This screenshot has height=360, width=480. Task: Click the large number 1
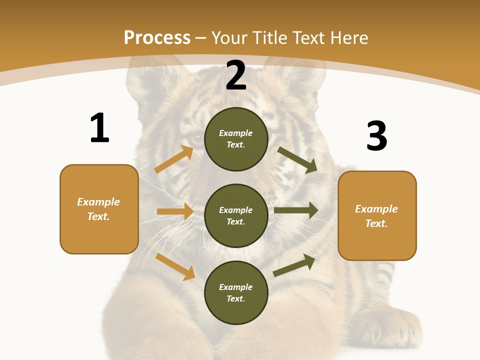(x=99, y=128)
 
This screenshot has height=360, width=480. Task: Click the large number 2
(x=236, y=75)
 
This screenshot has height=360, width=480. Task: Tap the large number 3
(x=377, y=136)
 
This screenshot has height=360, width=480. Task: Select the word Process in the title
(x=157, y=37)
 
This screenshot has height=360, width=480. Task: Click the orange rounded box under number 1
(x=99, y=209)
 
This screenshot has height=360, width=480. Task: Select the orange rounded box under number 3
(x=377, y=215)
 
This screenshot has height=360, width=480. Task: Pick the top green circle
(x=236, y=139)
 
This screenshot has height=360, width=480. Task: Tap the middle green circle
(x=236, y=215)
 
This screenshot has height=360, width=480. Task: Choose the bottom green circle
(x=236, y=292)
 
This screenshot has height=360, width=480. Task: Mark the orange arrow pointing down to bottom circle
(x=175, y=266)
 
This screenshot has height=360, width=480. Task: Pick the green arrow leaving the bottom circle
(x=294, y=265)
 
